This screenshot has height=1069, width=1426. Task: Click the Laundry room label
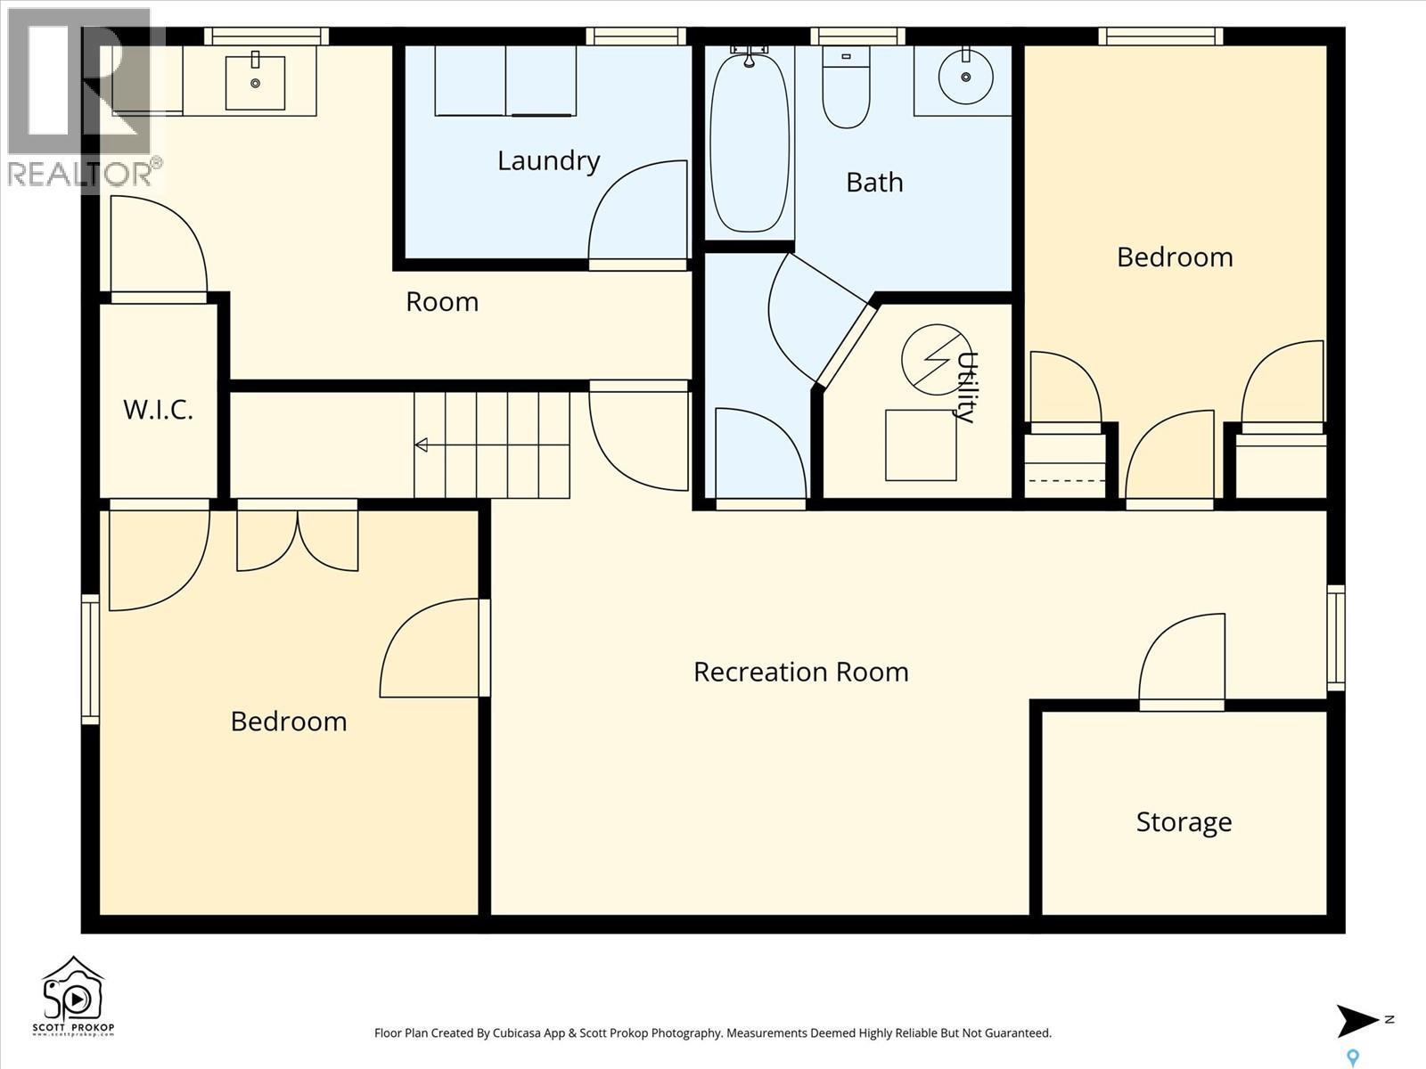click(x=548, y=161)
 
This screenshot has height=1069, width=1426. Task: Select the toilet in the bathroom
click(x=846, y=89)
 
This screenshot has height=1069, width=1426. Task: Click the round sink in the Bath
click(x=965, y=77)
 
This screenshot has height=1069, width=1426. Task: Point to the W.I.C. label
click(x=158, y=410)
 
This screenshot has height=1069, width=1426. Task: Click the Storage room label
click(x=1184, y=821)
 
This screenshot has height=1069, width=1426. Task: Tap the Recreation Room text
click(x=800, y=672)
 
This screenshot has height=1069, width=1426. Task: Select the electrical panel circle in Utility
click(x=936, y=359)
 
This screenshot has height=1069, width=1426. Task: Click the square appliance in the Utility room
click(x=921, y=445)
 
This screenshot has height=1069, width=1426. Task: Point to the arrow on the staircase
click(x=422, y=445)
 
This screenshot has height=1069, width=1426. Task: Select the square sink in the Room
click(x=255, y=82)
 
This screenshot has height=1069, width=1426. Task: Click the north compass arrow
click(x=1356, y=1021)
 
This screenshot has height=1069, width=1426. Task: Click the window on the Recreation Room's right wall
click(x=1335, y=637)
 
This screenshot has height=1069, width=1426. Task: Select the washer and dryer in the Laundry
click(x=505, y=81)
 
